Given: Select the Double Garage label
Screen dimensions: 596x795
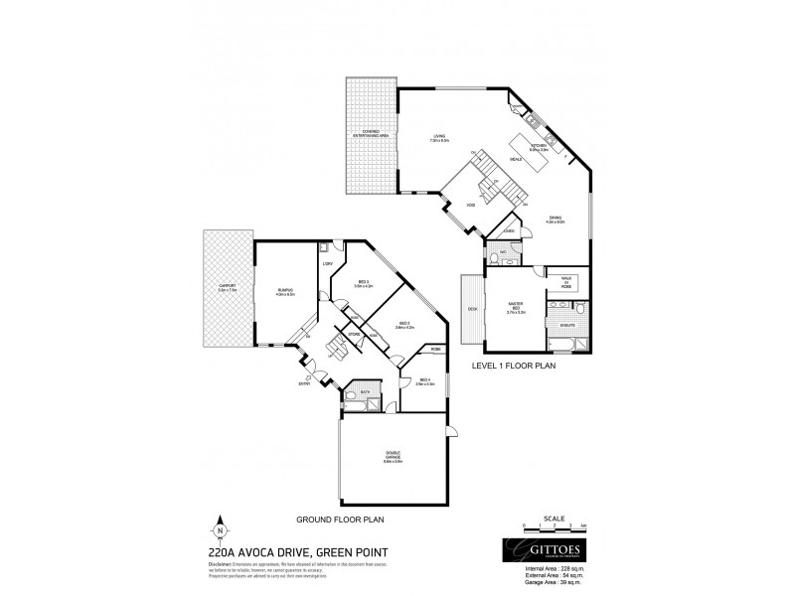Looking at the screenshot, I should click(x=393, y=457).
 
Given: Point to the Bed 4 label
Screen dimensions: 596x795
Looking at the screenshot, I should click(x=424, y=382).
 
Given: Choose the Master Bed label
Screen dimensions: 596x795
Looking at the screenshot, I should click(x=514, y=309).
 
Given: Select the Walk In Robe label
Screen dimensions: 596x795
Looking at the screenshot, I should click(x=567, y=281).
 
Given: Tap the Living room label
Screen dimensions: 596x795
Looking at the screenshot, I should click(x=438, y=139).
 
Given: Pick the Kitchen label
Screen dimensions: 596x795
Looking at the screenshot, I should click(x=539, y=147).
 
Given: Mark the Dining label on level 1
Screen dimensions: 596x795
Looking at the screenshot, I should click(x=555, y=220).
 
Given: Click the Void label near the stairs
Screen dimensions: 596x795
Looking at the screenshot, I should click(x=471, y=206).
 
